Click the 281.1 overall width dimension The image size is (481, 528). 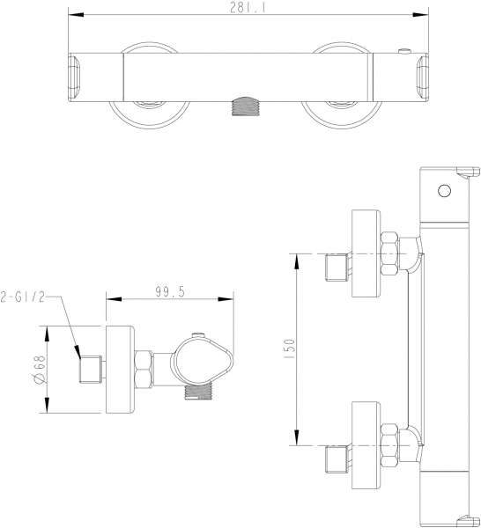(x=248, y=7)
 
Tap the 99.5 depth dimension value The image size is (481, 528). (x=170, y=292)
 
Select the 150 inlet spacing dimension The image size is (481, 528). (x=290, y=350)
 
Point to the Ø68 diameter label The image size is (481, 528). (x=39, y=370)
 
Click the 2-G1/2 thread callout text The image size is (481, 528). (x=23, y=297)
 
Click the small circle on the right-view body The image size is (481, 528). (x=444, y=191)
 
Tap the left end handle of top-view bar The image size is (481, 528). (x=74, y=77)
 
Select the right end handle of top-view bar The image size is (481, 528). (x=423, y=77)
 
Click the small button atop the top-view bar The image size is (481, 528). (x=404, y=51)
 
